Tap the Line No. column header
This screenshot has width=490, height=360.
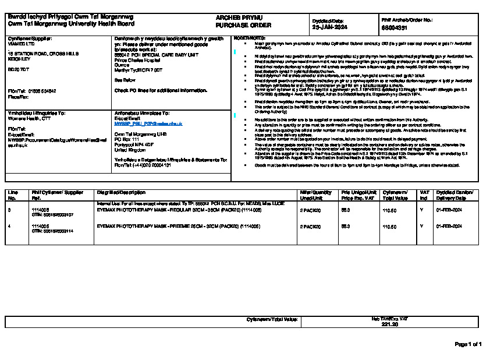13,195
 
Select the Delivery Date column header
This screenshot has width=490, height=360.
455,195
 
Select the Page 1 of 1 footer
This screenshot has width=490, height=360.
468,344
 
